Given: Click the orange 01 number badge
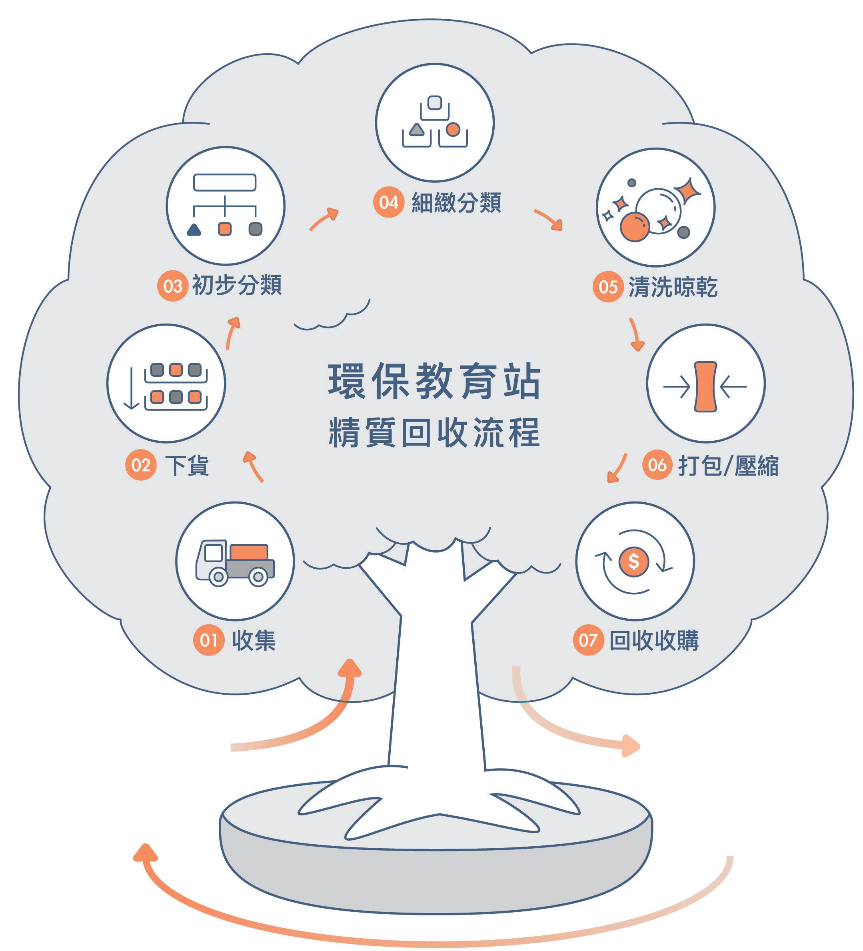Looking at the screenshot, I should click(208, 640).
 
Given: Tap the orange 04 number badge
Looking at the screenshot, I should click(388, 202).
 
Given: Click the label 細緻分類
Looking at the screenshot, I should click(456, 203).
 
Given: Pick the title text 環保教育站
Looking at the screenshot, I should click(434, 381).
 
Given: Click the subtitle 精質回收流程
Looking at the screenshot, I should click(434, 432).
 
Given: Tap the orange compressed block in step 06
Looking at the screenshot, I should click(705, 386).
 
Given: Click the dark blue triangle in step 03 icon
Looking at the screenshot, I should click(194, 229).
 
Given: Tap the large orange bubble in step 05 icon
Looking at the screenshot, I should click(634, 227).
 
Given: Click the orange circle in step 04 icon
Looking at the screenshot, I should click(453, 129).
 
